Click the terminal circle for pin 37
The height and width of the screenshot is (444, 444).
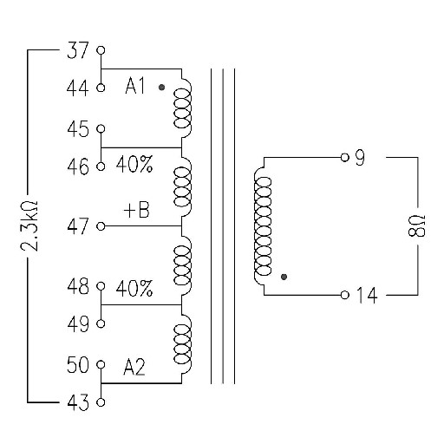click(x=101, y=50)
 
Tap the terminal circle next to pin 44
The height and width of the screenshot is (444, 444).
click(x=101, y=88)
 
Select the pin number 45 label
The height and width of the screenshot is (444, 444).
click(x=78, y=129)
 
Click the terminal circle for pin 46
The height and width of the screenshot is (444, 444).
click(x=101, y=166)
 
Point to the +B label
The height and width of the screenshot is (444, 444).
click(x=136, y=210)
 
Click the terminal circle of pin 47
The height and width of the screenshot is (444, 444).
click(x=101, y=226)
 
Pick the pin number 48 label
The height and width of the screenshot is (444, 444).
click(x=78, y=286)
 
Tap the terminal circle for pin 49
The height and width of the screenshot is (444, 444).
click(x=101, y=323)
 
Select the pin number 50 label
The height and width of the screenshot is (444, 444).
click(x=78, y=365)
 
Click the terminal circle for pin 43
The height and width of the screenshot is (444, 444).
click(x=101, y=402)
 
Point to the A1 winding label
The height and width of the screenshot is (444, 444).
click(x=134, y=86)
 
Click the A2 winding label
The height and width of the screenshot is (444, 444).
click(x=134, y=367)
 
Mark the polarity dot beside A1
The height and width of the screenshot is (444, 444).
click(x=161, y=87)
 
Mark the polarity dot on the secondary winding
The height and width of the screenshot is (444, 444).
click(x=284, y=277)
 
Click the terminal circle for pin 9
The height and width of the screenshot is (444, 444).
click(x=344, y=158)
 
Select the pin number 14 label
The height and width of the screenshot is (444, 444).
click(x=367, y=295)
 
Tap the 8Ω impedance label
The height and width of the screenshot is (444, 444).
click(x=417, y=225)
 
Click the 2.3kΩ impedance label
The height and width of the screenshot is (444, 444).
click(x=29, y=225)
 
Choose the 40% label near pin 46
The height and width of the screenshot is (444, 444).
click(x=134, y=164)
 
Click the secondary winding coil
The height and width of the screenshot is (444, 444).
click(x=263, y=226)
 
